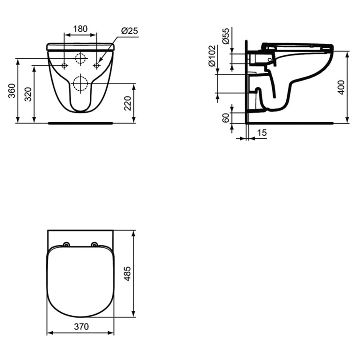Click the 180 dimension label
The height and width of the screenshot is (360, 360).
(x=80, y=29)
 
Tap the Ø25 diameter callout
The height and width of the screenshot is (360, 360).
(x=129, y=31)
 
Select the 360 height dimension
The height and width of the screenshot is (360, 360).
(x=12, y=91)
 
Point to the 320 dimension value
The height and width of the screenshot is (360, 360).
(x=28, y=94)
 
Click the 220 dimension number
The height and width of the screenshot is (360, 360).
(x=128, y=103)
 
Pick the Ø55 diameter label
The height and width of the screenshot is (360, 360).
(x=226, y=36)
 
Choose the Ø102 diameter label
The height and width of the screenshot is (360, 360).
(x=212, y=56)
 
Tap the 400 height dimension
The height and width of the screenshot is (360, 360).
(x=341, y=87)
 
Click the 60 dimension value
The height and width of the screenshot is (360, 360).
(x=226, y=118)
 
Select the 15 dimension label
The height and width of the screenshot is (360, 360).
(x=262, y=133)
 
